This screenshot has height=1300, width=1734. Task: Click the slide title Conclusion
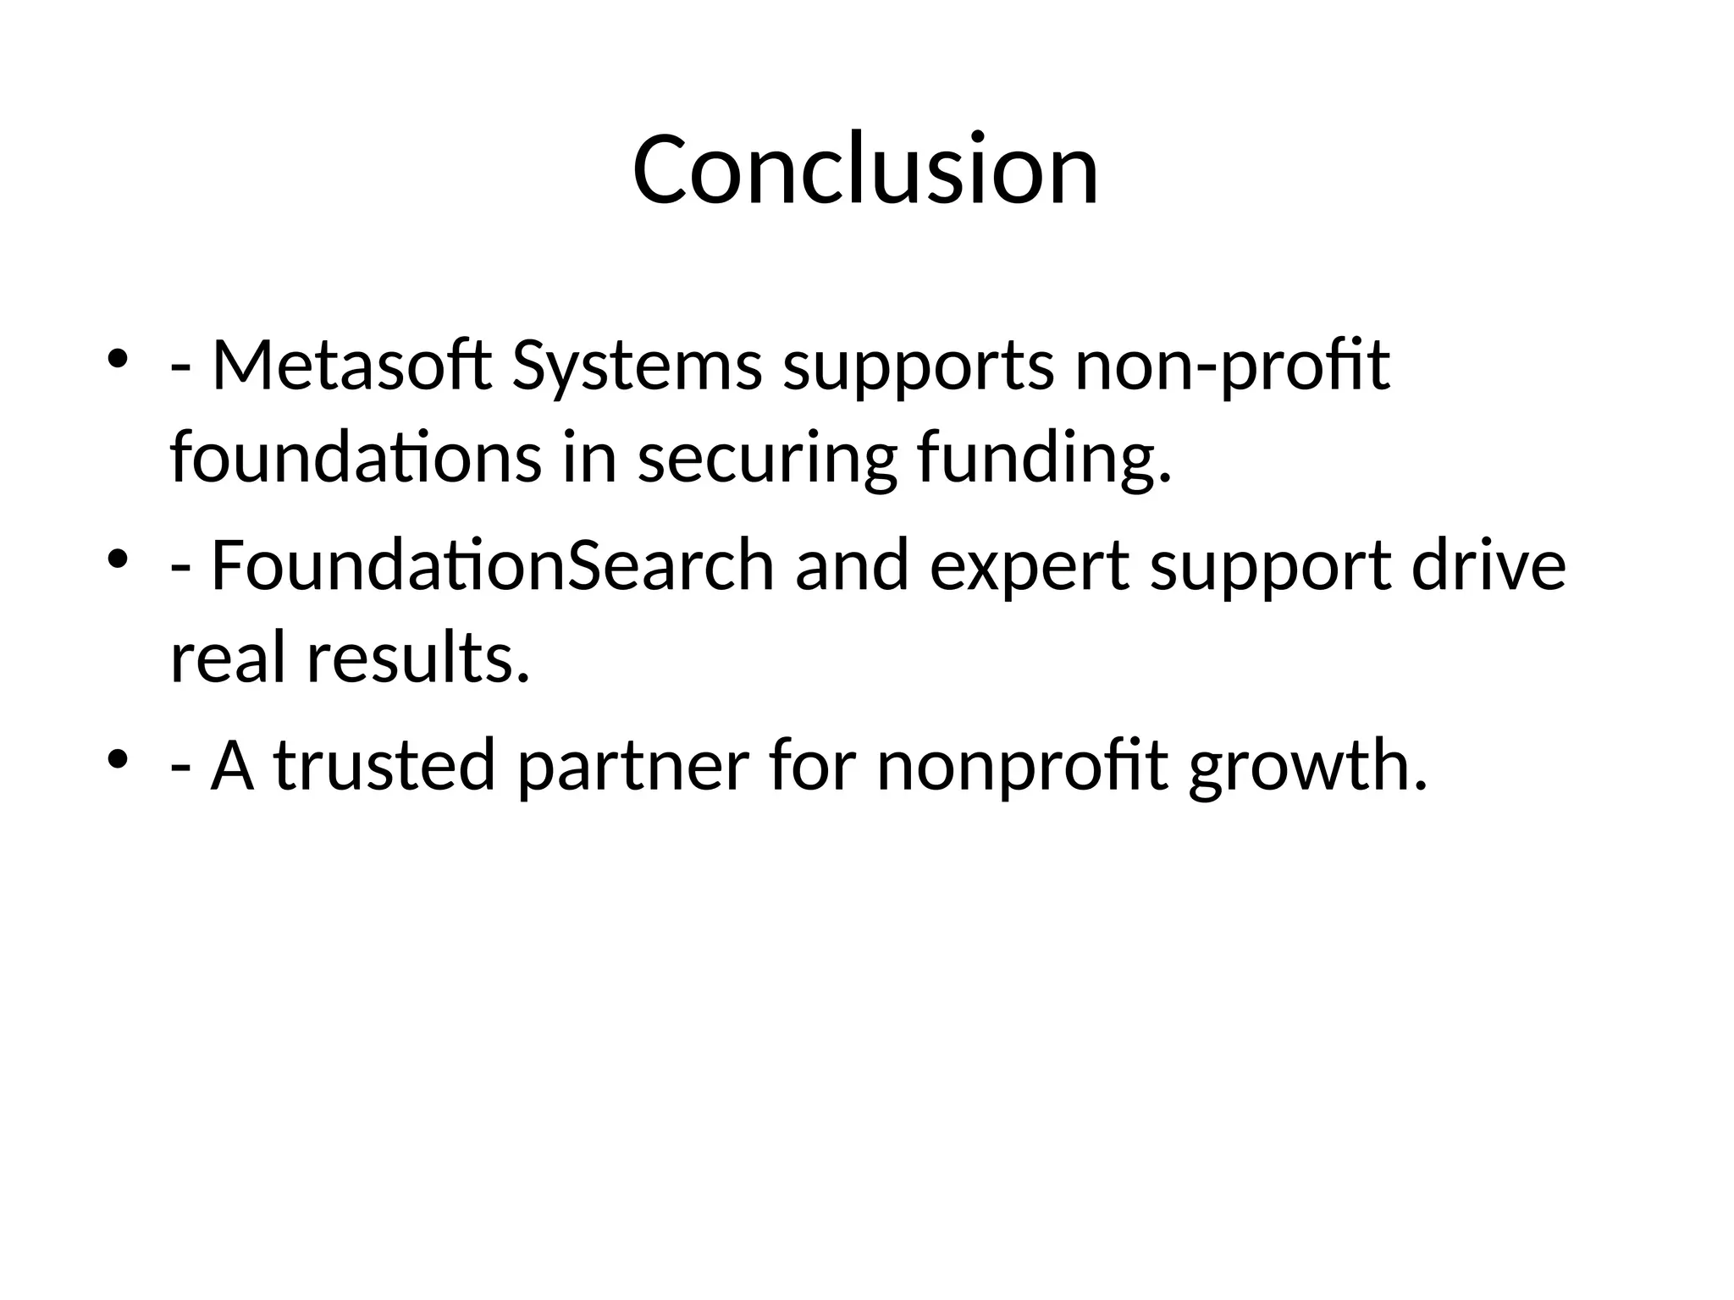click(865, 169)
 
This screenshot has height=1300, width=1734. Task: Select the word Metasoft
click(351, 366)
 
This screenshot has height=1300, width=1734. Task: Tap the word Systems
click(637, 366)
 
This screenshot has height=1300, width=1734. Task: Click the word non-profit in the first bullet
click(1232, 367)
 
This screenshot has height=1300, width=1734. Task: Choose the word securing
click(766, 459)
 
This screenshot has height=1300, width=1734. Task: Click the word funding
click(1044, 459)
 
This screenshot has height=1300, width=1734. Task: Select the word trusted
click(384, 765)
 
